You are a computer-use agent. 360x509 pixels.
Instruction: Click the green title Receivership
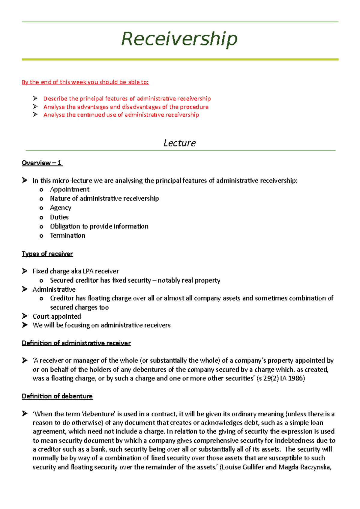coord(179,39)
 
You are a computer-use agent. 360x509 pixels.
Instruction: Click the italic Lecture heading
coord(179,143)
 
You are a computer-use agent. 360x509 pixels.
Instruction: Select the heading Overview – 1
coord(42,163)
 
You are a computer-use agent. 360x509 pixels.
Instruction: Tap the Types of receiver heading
coord(47,254)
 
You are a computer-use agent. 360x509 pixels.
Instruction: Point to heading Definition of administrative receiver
coord(76,343)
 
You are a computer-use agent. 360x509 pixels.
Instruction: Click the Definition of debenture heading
coord(57,396)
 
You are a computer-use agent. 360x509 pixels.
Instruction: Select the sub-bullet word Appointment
coord(70,189)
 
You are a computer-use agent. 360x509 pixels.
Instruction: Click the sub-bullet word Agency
coord(60,208)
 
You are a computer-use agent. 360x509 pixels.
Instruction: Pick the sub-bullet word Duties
coord(59,217)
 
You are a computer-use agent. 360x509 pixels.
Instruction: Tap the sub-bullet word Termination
coord(67,236)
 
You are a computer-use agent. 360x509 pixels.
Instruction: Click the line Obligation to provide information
coord(99,226)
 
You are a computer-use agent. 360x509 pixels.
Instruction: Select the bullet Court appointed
coord(57,316)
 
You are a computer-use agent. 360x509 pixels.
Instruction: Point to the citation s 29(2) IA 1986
coord(281,378)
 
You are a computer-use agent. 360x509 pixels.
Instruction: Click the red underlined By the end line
coord(85,82)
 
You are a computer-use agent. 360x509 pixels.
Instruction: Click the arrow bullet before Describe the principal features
coord(35,98)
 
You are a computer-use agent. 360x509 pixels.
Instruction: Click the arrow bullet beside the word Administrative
coord(25,289)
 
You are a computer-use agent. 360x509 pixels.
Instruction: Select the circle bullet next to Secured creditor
coord(41,281)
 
